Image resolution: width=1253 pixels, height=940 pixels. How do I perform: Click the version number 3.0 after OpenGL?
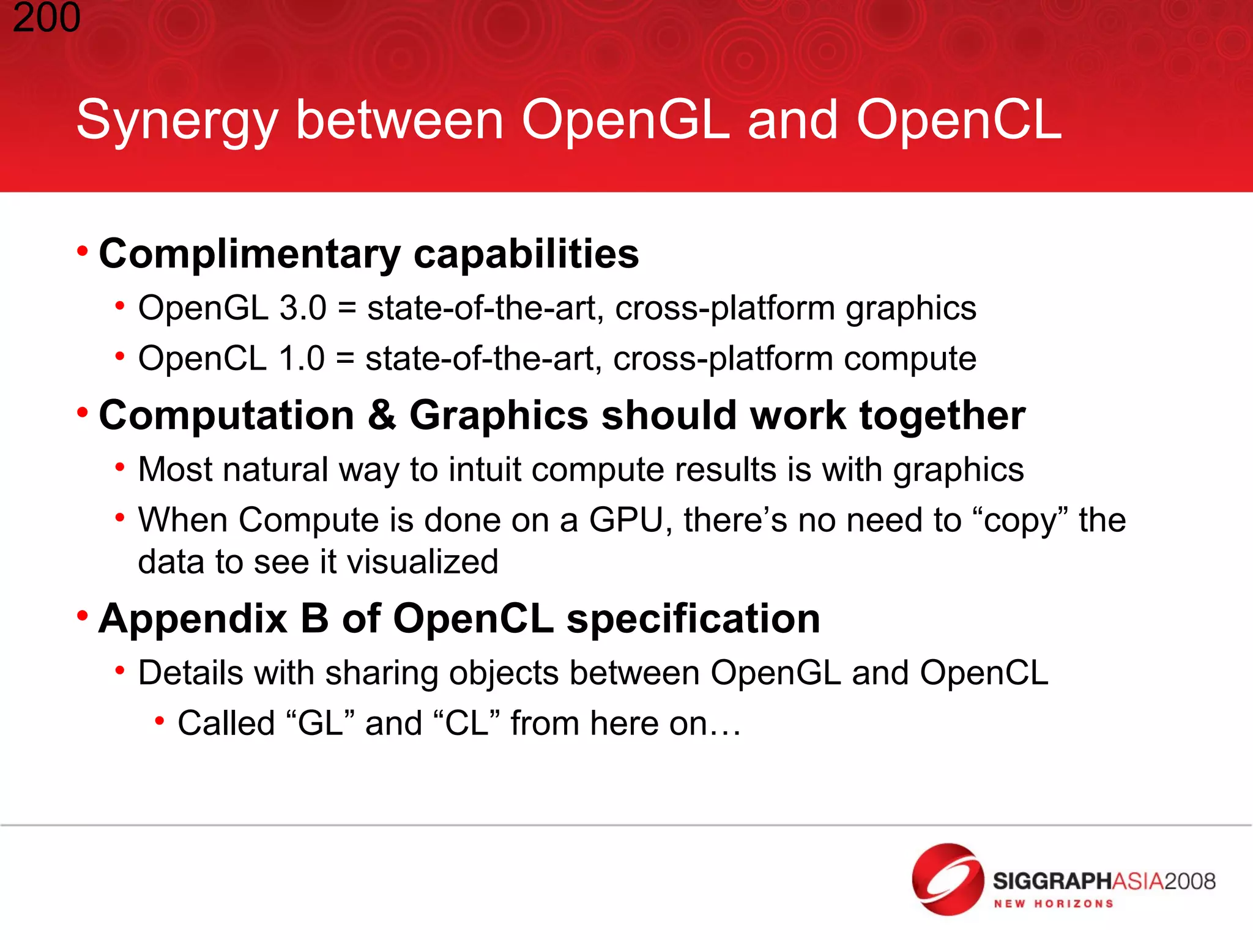click(303, 308)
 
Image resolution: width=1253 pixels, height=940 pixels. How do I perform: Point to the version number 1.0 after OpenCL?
click(301, 359)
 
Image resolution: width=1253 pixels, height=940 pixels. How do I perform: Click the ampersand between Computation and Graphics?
click(382, 416)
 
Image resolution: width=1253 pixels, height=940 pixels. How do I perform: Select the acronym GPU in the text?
click(626, 521)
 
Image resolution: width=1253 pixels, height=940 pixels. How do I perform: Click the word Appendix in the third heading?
click(193, 619)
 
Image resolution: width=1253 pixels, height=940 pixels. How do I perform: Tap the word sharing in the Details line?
click(381, 673)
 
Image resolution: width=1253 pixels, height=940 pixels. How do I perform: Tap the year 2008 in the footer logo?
click(1189, 881)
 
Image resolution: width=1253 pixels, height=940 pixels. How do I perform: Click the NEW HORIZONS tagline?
click(1053, 904)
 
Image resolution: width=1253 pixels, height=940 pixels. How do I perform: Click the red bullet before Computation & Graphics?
click(83, 412)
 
